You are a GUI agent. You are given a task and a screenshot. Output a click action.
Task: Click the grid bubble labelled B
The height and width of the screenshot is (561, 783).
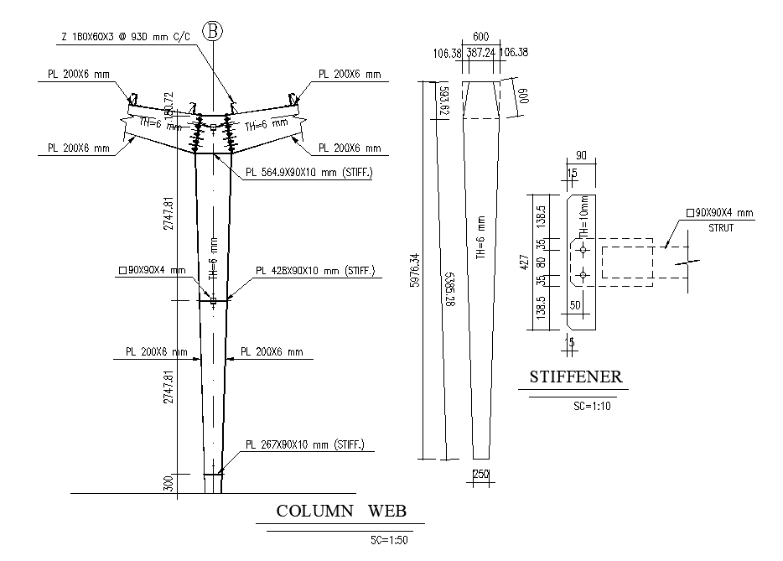pos(214,31)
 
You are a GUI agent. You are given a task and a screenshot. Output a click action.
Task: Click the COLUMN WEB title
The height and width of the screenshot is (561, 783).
pos(340,511)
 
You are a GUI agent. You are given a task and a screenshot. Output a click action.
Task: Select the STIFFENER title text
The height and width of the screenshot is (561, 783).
pos(576,377)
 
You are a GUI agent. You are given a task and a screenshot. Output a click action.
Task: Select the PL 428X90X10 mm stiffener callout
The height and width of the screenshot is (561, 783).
pos(315,272)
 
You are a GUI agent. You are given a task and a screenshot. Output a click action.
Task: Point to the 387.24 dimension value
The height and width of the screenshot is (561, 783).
pos(480,54)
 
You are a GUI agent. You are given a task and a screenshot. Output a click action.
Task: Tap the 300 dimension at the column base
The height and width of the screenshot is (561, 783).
pos(169,484)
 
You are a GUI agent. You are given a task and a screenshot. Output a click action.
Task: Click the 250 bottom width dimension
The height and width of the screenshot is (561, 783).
pos(480,474)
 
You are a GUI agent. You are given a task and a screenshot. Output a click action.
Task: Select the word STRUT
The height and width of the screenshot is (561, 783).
pos(721,226)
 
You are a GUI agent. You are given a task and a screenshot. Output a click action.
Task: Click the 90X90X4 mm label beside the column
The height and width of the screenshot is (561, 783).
pos(154,270)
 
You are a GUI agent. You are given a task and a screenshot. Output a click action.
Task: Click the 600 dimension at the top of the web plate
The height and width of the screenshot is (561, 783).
pos(480,37)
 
